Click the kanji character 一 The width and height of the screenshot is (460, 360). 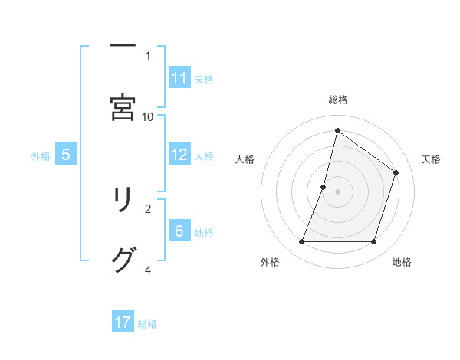pyautogui.click(x=123, y=46)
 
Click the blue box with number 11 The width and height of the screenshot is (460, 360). pyautogui.click(x=179, y=78)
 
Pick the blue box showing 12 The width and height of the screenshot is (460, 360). pyautogui.click(x=179, y=155)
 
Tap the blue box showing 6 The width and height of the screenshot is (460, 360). pyautogui.click(x=179, y=231)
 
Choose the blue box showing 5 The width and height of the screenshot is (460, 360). pyautogui.click(x=66, y=155)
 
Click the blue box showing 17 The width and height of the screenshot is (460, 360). pyautogui.click(x=123, y=322)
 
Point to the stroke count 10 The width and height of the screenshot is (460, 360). pyautogui.click(x=148, y=116)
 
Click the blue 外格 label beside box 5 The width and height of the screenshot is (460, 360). pyautogui.click(x=41, y=155)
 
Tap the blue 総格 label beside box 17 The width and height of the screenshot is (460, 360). pyautogui.click(x=147, y=323)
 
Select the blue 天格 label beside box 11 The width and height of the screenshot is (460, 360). pyautogui.click(x=203, y=79)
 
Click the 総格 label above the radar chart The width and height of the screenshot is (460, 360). pyautogui.click(x=338, y=100)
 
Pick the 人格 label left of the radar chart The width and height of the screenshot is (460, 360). pyautogui.click(x=245, y=159)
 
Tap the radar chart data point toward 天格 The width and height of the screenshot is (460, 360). pyautogui.click(x=396, y=172)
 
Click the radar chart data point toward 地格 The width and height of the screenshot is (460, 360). pyautogui.click(x=374, y=242)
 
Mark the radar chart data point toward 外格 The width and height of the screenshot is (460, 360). pyautogui.click(x=301, y=242)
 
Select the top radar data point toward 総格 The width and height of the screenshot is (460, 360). pyautogui.click(x=337, y=130)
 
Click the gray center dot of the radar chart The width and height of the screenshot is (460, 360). pyautogui.click(x=337, y=191)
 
